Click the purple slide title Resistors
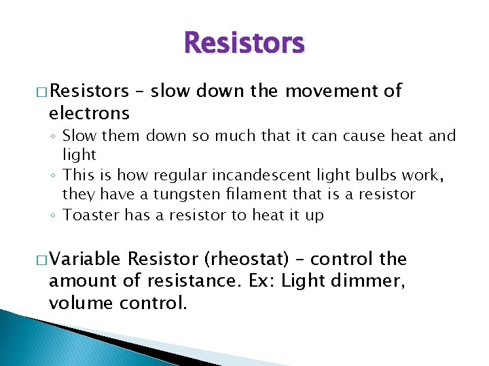pos(244,43)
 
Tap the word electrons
pos(88,112)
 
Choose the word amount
pos(80,281)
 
